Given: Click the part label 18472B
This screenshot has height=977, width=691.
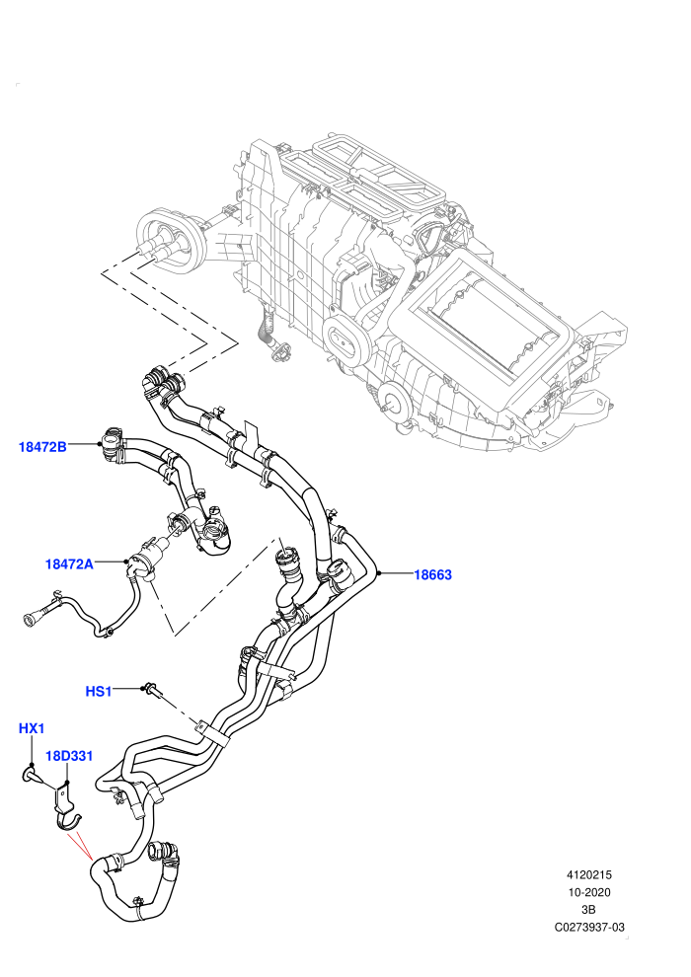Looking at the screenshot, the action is pyautogui.click(x=42, y=446).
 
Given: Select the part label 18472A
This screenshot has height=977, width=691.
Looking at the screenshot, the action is pyautogui.click(x=69, y=564).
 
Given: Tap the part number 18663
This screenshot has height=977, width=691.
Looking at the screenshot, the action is pyautogui.click(x=433, y=574).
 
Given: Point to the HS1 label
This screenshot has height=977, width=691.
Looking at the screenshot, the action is pyautogui.click(x=99, y=691).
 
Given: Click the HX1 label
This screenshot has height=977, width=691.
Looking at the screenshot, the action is pyautogui.click(x=32, y=727).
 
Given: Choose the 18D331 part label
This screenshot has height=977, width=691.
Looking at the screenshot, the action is pyautogui.click(x=69, y=756).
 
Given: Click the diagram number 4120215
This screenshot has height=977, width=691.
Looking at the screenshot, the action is pyautogui.click(x=588, y=874).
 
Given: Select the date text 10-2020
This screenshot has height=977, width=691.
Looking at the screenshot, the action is pyautogui.click(x=588, y=892).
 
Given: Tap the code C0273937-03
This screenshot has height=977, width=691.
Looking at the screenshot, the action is pyautogui.click(x=589, y=927).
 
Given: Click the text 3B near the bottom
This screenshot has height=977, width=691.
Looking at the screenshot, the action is pyautogui.click(x=588, y=910).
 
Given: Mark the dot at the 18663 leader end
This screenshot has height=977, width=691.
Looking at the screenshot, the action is pyautogui.click(x=379, y=573).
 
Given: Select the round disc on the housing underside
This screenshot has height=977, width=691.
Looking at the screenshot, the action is pyautogui.click(x=395, y=399).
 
